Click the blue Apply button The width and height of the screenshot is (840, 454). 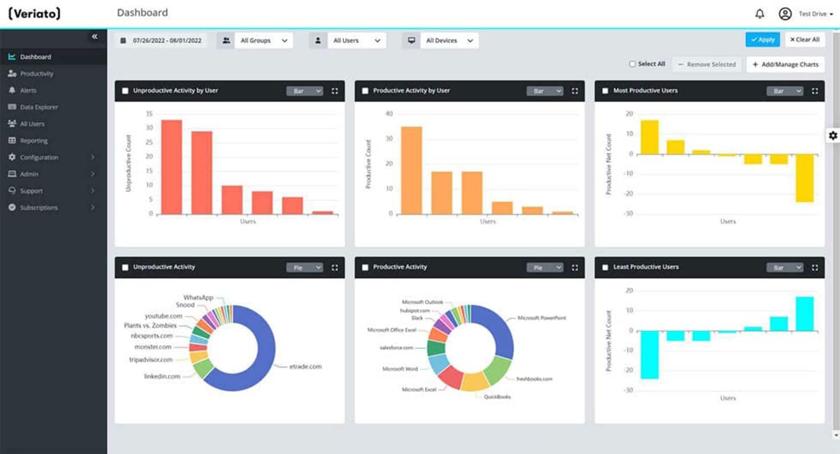[762, 39]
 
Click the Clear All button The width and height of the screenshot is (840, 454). [805, 39]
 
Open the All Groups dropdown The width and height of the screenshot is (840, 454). [263, 41]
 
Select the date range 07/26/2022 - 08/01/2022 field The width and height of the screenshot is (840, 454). [161, 41]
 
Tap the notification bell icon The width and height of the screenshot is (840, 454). [759, 14]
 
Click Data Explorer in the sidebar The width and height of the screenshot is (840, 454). [39, 107]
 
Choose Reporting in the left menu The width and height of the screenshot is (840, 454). [34, 140]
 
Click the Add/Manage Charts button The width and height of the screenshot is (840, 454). [785, 65]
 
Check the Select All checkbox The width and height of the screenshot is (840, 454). [633, 64]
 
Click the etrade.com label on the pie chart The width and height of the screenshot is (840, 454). [305, 366]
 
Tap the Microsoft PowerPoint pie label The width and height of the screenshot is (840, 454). [541, 318]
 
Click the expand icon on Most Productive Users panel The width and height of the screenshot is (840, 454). [814, 91]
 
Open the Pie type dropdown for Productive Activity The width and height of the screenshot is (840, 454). [545, 267]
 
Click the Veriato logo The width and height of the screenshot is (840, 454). [34, 14]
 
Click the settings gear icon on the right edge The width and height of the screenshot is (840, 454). [833, 135]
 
